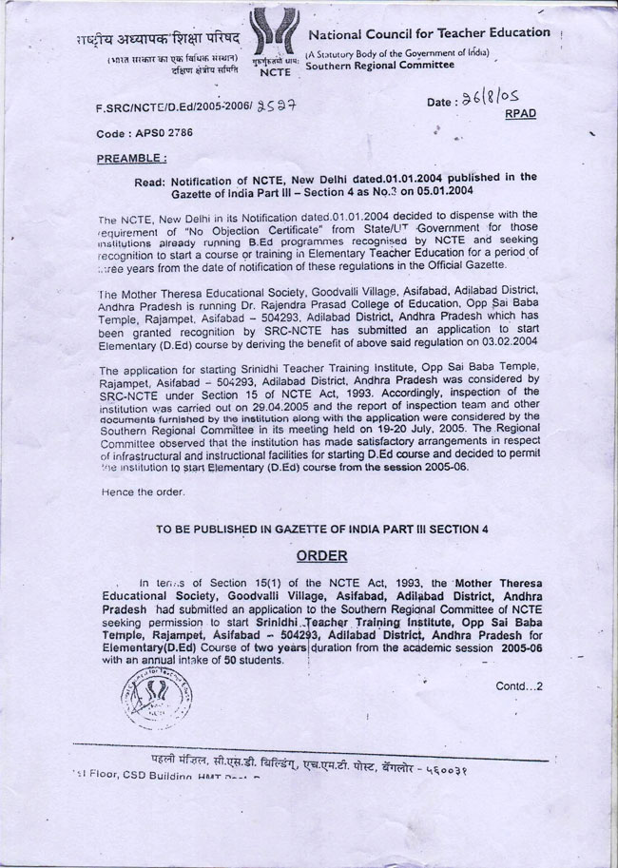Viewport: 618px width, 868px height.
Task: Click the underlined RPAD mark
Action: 520,114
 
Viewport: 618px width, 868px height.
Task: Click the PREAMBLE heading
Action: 131,158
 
